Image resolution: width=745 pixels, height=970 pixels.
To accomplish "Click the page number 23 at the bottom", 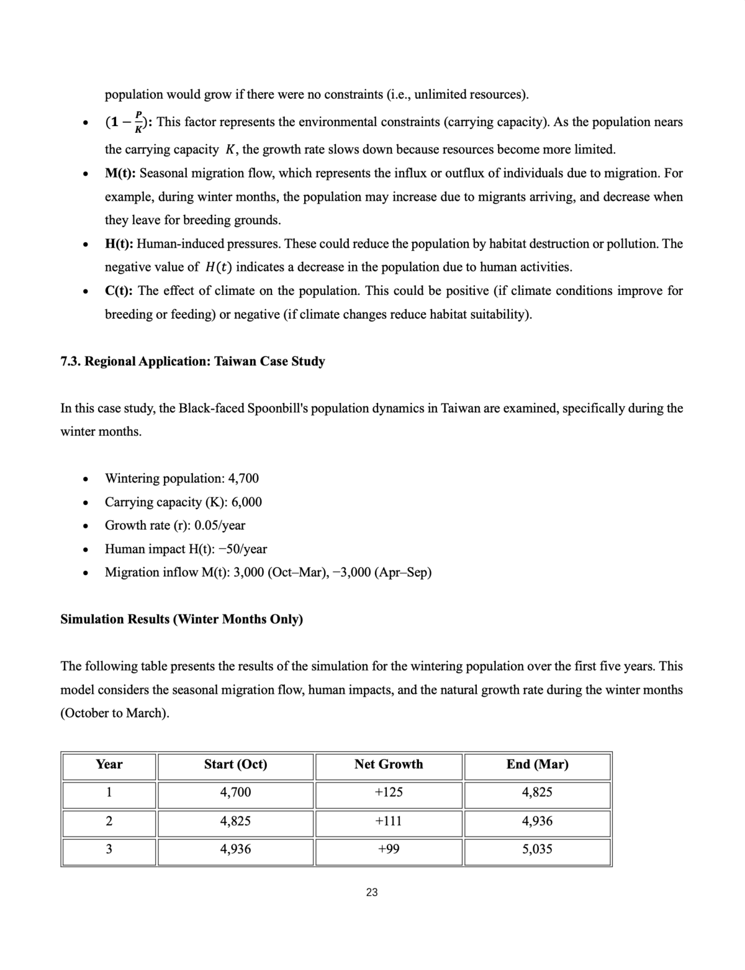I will click(x=372, y=892).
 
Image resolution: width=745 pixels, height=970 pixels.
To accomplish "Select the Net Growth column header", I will click(x=389, y=764).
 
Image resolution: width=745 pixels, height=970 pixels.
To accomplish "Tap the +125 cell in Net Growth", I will click(x=389, y=792).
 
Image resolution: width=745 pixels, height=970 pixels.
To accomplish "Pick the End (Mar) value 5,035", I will click(x=537, y=849).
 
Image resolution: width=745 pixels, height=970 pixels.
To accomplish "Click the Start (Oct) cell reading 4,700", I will click(x=236, y=792).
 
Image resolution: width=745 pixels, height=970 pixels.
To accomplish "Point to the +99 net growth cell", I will click(x=389, y=849).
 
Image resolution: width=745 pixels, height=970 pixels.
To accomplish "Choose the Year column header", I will click(x=109, y=764).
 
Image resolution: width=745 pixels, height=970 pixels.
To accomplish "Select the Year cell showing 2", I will click(x=109, y=821).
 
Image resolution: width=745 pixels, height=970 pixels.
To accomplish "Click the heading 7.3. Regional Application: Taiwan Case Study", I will click(x=192, y=361).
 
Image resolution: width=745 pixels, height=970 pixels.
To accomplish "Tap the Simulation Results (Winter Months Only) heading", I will click(x=181, y=619).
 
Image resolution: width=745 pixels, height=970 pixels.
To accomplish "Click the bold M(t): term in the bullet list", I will click(x=120, y=173).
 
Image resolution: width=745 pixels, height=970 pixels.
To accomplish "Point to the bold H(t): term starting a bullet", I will click(x=120, y=243).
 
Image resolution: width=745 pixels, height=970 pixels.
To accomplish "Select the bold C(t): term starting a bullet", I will click(x=120, y=291).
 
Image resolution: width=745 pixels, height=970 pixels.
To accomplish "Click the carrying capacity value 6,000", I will click(x=246, y=502).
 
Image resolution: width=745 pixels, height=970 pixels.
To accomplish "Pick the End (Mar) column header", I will click(x=537, y=764).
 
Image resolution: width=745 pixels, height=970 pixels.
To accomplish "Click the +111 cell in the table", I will click(x=389, y=821).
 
